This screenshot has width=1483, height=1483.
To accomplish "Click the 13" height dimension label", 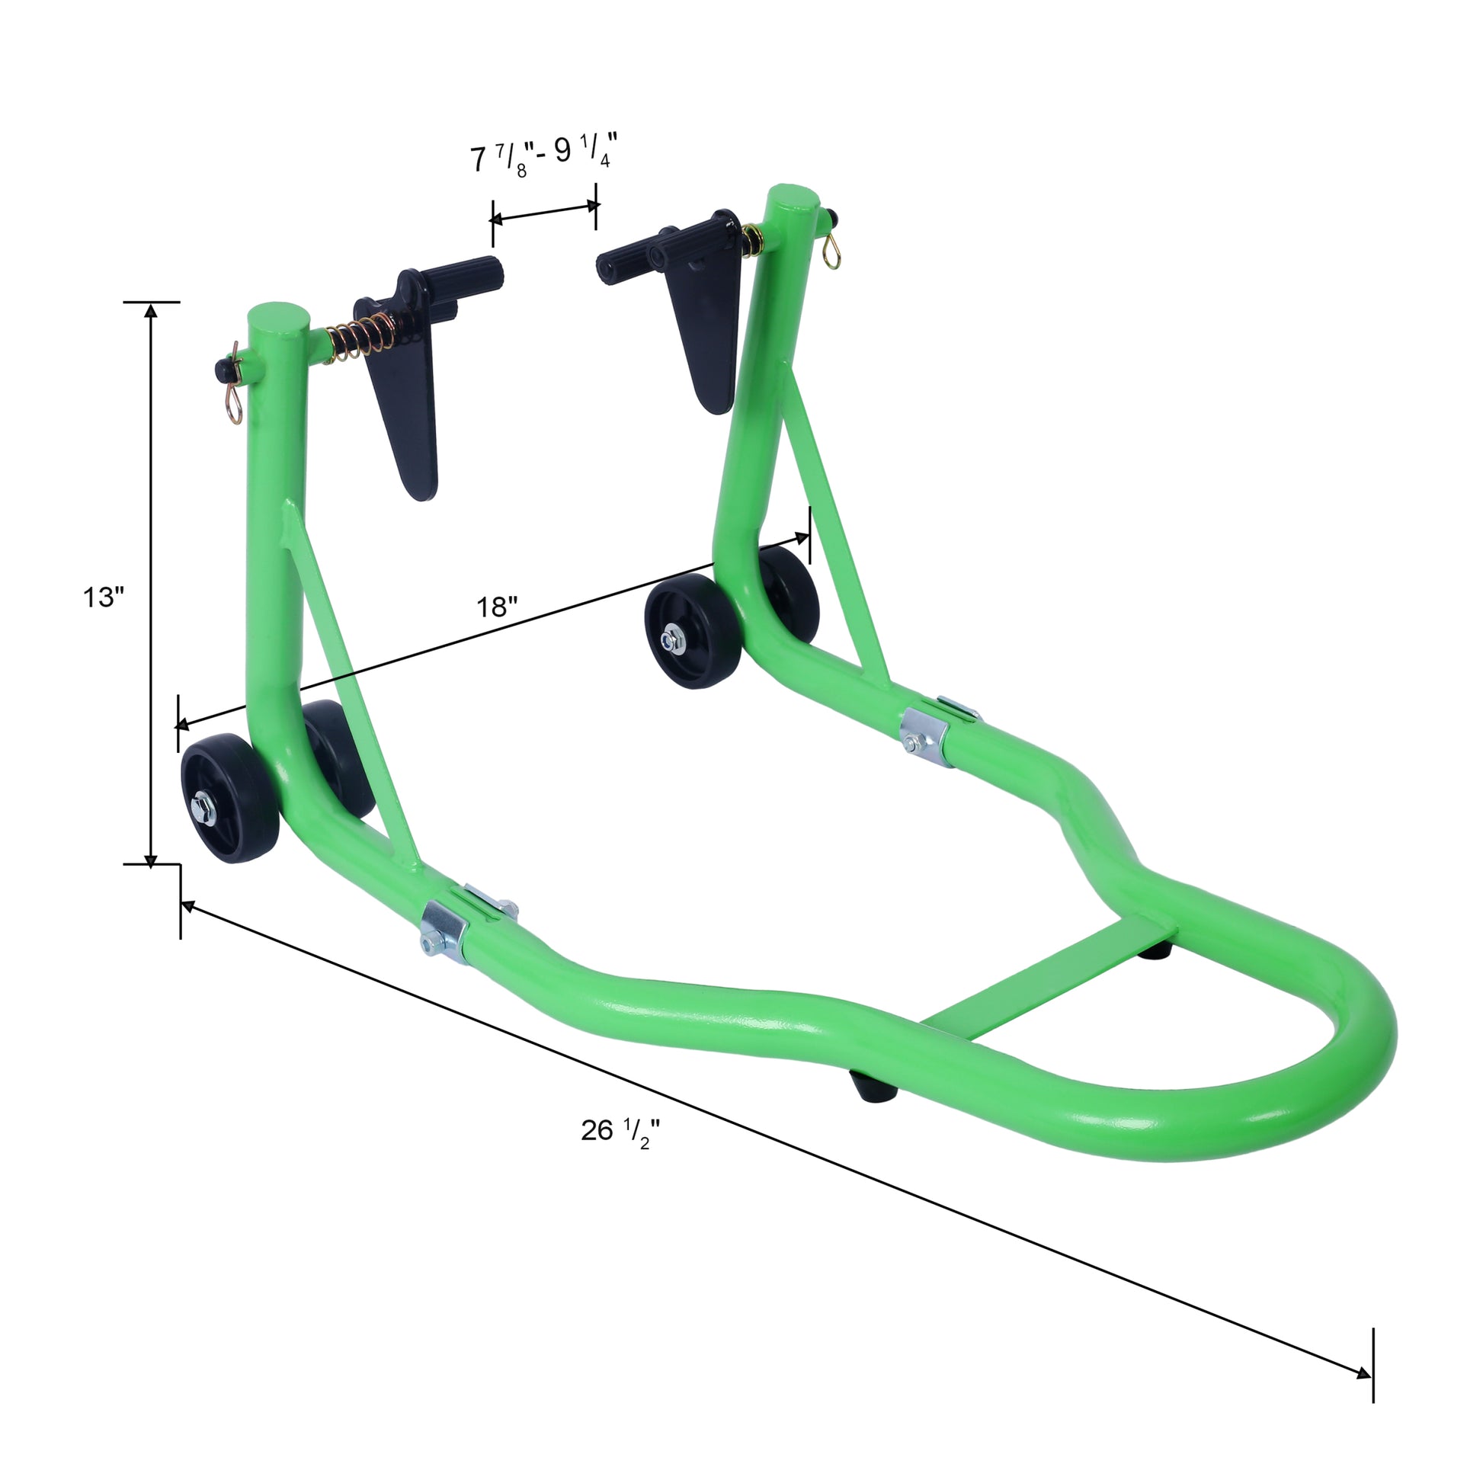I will (x=103, y=597).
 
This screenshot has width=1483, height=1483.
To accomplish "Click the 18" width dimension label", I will (x=497, y=607).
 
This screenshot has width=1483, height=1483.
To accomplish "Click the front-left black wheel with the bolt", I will (x=229, y=799).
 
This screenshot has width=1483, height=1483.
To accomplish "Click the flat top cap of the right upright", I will (x=793, y=198).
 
